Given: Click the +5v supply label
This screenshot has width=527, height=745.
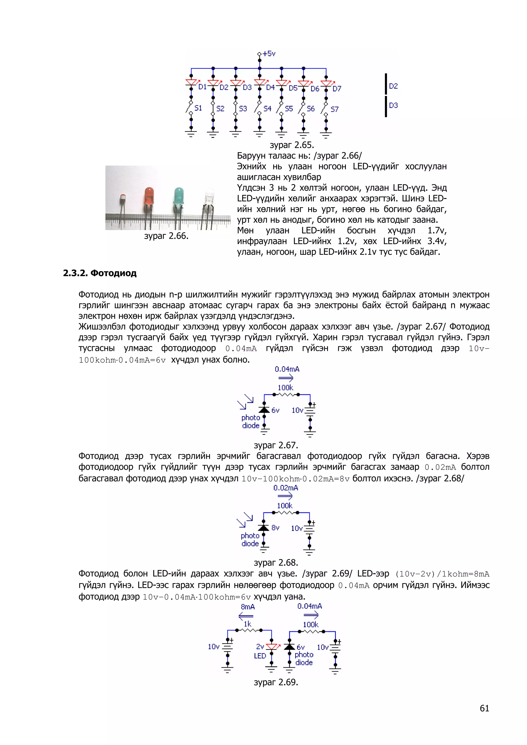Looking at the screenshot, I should click(269, 53).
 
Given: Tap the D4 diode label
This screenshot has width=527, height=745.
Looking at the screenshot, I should click(270, 87).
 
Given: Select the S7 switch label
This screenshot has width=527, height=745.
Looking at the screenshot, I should click(335, 109).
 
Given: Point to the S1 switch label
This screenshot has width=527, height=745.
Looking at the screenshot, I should click(198, 108).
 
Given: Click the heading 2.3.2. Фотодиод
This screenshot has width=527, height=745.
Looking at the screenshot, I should click(100, 273).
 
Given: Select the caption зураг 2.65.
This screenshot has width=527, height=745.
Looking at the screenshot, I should click(292, 145).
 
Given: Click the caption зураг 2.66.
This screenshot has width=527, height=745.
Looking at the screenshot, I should click(166, 236).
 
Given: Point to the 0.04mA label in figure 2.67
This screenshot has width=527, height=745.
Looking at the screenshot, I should click(287, 369).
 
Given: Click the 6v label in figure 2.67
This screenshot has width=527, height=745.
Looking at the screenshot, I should click(275, 411).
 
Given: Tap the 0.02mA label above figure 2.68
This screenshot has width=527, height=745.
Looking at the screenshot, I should click(286, 488).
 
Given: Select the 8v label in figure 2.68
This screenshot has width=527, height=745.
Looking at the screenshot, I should click(275, 528).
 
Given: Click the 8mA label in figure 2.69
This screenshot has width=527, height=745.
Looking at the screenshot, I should click(248, 607).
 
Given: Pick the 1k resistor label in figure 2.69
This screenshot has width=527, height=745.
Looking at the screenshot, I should click(248, 624).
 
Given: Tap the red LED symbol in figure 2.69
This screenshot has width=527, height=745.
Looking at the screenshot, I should click(271, 647).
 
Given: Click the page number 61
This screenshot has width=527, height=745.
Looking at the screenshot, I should click(484, 708).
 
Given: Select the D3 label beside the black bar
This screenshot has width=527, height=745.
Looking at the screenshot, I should click(393, 105).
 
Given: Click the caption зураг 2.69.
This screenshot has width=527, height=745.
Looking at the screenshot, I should click(276, 682).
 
